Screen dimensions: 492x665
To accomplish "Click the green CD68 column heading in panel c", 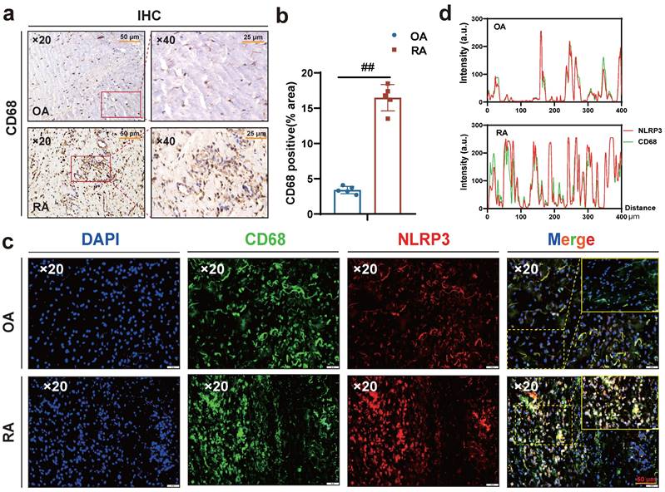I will point(261,239).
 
